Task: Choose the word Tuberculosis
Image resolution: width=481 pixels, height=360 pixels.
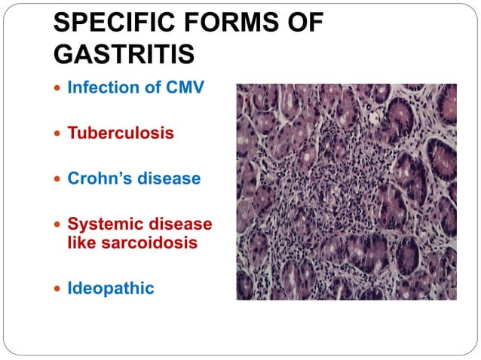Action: pyautogui.click(x=121, y=133)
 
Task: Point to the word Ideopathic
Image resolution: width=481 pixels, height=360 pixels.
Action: pyautogui.click(x=111, y=288)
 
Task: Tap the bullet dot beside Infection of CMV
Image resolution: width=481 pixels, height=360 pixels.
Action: pyautogui.click(x=57, y=88)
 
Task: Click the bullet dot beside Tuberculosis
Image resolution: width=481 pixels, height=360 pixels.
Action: pyautogui.click(x=57, y=134)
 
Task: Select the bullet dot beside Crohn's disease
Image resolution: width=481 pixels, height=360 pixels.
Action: pyautogui.click(x=57, y=180)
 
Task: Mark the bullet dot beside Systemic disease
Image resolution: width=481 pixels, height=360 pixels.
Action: pyautogui.click(x=57, y=225)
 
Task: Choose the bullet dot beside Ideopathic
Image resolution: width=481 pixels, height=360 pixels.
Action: pyautogui.click(x=57, y=288)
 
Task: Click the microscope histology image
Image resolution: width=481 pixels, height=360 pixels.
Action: pyautogui.click(x=346, y=191)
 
